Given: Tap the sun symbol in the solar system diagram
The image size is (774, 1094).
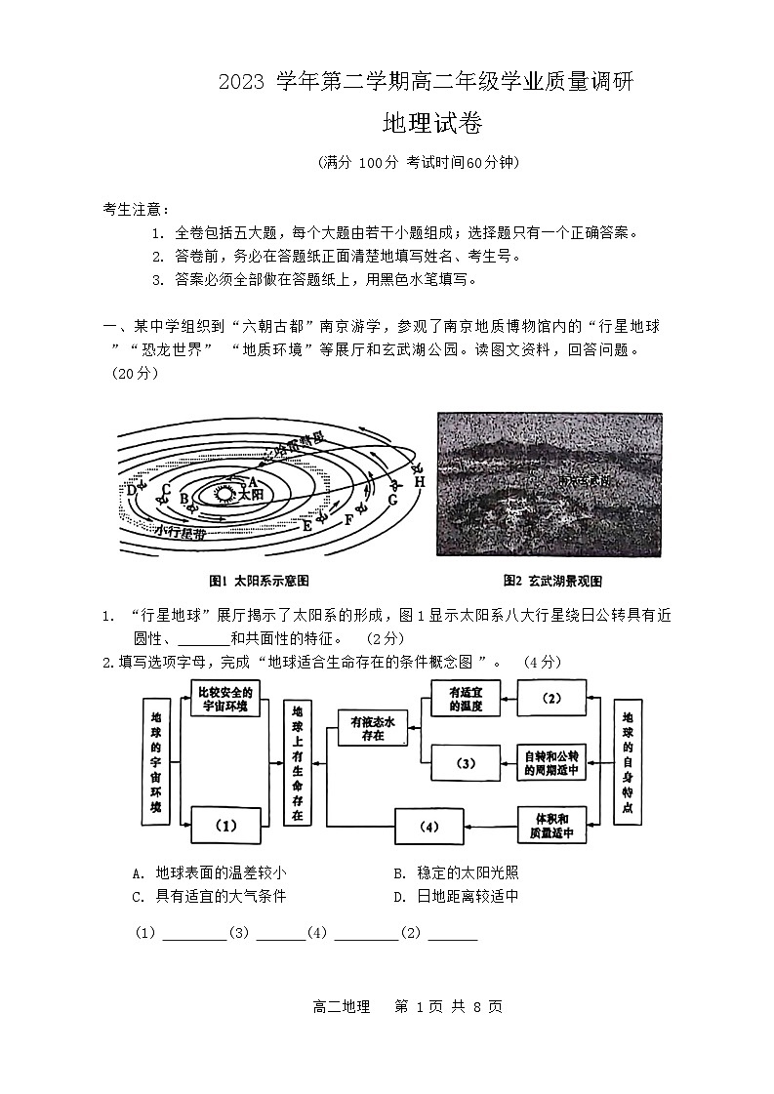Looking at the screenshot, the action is point(224,494).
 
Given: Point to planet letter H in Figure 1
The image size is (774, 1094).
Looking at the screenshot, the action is point(419,481).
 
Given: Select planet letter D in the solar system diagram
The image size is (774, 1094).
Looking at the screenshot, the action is point(132,490).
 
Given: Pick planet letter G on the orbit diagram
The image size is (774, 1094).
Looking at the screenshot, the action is point(391,500).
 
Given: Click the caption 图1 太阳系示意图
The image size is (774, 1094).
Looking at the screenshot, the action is point(253,580).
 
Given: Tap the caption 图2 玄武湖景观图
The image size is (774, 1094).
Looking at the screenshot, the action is point(551,580).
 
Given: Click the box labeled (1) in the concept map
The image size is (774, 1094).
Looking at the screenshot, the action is point(225,826).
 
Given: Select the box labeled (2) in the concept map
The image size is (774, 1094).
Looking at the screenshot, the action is point(551,699).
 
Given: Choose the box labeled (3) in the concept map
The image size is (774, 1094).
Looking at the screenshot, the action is point(466,762).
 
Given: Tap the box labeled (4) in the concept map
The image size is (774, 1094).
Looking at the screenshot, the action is point(428,827).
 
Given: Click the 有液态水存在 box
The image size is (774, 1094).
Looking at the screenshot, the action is point(372,728).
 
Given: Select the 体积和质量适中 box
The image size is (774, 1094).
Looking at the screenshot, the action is point(552,826).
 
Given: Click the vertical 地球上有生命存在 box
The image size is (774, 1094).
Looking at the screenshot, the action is point(297,762).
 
